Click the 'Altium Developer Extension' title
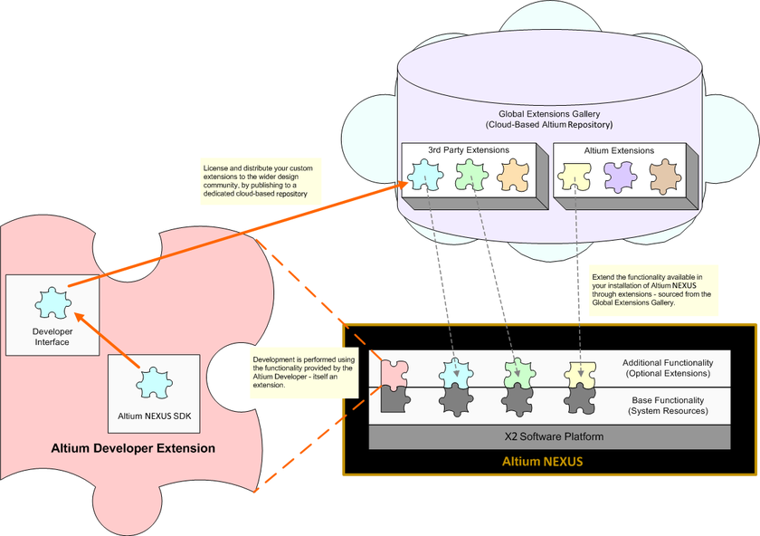[x=133, y=448]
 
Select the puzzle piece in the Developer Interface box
[x=52, y=304]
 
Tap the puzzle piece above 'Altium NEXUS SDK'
[x=153, y=384]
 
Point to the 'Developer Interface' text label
[x=52, y=336]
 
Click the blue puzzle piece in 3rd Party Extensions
[x=423, y=175]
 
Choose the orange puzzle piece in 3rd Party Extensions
[x=514, y=175]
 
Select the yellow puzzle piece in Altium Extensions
[x=575, y=175]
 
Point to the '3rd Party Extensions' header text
[x=468, y=149]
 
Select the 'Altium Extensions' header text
[x=620, y=149]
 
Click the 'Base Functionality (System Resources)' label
[x=668, y=405]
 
